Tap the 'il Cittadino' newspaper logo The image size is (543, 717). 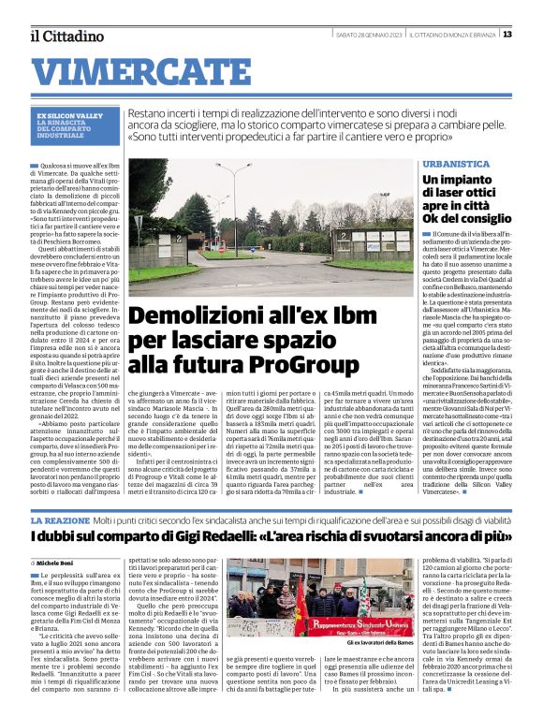click(66, 36)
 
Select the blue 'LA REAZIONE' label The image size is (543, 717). click(60, 519)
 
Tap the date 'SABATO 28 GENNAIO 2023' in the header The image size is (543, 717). click(368, 35)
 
